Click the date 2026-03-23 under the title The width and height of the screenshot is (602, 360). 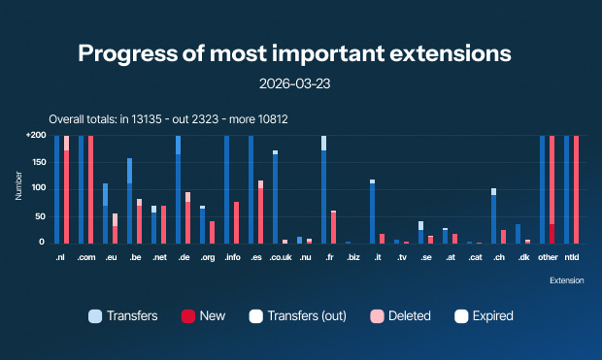point(301,84)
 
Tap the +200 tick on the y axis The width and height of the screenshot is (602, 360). point(36,136)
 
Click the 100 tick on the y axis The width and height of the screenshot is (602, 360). point(39,189)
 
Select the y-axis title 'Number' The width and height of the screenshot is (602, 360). point(18,188)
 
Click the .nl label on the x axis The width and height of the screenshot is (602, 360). point(61,258)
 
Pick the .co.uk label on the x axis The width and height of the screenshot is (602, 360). point(280,258)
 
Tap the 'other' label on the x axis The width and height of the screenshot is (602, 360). point(547,258)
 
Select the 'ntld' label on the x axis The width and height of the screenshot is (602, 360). point(571,258)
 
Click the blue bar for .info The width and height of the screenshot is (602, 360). point(226,189)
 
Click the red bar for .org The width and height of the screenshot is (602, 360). point(212,232)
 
